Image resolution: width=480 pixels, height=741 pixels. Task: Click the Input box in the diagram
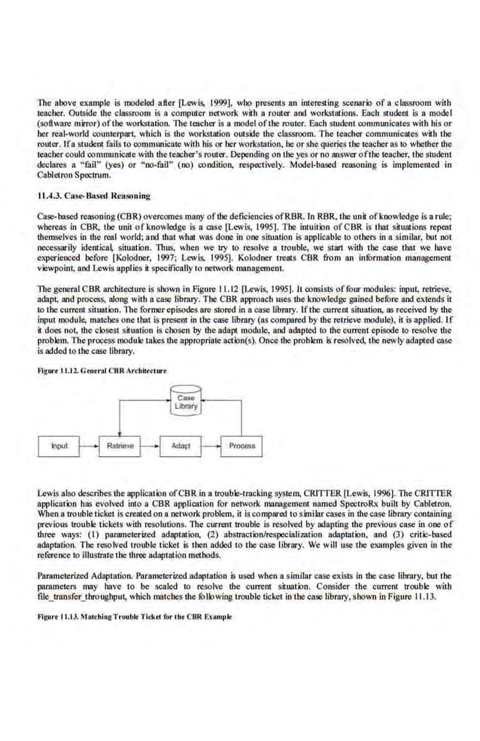[59, 446]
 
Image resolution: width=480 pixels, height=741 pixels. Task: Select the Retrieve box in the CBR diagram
[120, 446]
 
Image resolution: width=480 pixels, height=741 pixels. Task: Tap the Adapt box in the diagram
[181, 446]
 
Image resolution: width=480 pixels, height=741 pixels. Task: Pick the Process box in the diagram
[242, 446]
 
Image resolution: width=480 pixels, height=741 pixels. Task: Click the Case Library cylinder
[185, 402]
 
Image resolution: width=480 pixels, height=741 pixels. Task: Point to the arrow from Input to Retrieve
[89, 446]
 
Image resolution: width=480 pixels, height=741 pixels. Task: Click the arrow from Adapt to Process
[211, 446]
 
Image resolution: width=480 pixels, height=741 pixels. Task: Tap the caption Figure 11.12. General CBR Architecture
[102, 370]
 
